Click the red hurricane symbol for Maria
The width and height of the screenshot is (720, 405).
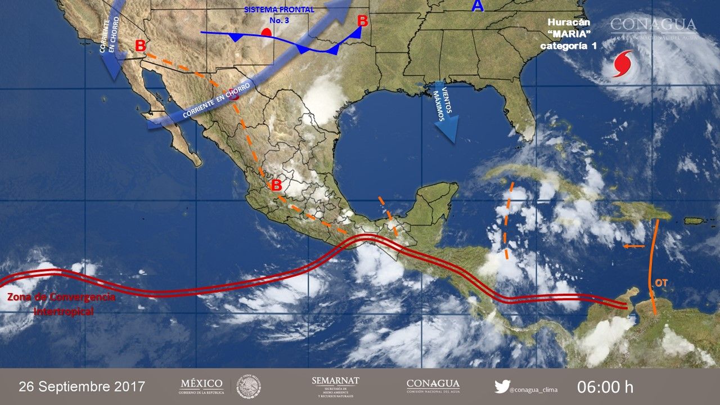tap(622, 63)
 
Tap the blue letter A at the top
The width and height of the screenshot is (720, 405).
tap(478, 6)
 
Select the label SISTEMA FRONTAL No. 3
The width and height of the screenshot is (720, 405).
tap(280, 14)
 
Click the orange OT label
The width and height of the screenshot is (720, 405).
tap(661, 283)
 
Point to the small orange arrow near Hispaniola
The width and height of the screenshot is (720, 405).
tap(634, 246)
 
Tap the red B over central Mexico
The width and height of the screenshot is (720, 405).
tap(276, 186)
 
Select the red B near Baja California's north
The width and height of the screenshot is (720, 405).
tap(141, 46)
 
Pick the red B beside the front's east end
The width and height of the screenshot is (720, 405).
tap(363, 21)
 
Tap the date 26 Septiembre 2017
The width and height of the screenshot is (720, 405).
tap(82, 387)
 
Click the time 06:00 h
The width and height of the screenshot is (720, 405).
tap(605, 387)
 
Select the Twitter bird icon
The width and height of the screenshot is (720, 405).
tap(502, 387)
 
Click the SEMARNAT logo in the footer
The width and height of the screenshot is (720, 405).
tap(335, 386)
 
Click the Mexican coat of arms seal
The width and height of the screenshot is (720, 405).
tap(247, 386)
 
